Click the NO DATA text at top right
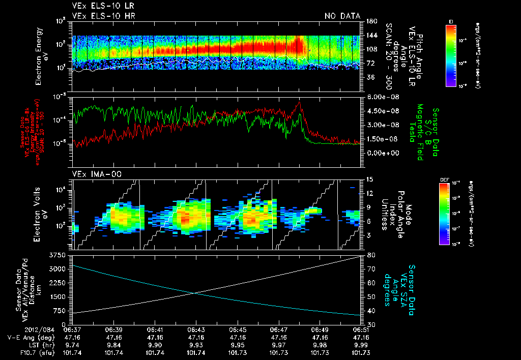(x=342, y=16)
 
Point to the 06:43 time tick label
(x=196, y=329)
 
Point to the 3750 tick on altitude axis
(x=59, y=255)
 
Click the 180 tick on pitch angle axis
(x=370, y=21)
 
